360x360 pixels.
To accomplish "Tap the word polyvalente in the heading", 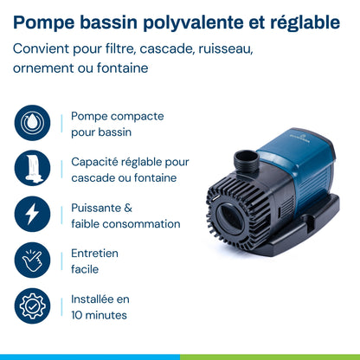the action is pos(194,23).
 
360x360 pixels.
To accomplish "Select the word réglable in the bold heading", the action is pos(305,23).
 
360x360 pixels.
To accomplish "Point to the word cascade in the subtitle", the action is pos(167,48).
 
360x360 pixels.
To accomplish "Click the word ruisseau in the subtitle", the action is pos(226,48).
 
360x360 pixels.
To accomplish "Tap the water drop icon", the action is pos(32,123).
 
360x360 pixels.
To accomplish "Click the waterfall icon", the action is pos(32,168).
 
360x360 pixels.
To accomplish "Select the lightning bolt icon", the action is pos(32,214).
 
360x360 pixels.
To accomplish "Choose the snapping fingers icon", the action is pos(32,260).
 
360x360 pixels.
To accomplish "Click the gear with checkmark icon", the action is pos(32,305).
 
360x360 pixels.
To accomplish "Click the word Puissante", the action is pos(96,208).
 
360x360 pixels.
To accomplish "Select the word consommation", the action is pos(141,224).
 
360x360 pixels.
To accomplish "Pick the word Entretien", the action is pos(94,254).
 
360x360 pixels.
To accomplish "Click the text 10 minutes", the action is pos(99,315).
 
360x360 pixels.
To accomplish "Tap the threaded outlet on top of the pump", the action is pos(246,162).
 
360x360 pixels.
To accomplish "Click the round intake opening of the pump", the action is pos(230,215).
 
